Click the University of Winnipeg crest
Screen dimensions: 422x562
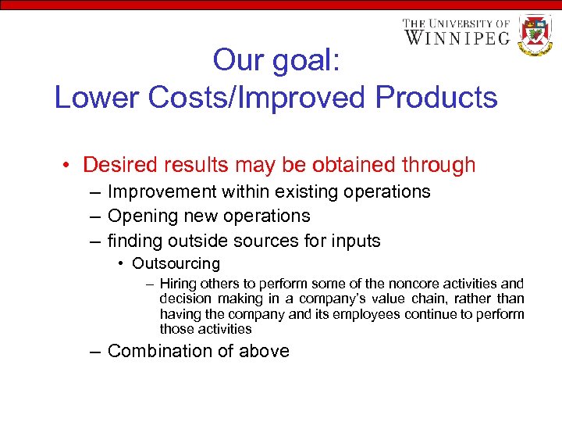point(535,34)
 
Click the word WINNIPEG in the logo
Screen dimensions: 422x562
point(457,37)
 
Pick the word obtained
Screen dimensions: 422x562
point(351,165)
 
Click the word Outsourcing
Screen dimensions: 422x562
point(176,264)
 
